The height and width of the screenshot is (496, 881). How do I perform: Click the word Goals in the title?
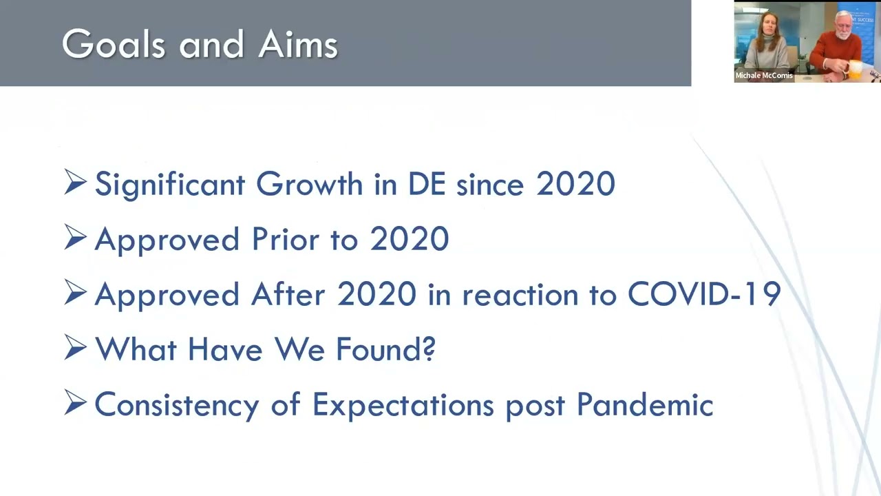click(114, 43)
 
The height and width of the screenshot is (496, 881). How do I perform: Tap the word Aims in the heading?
click(298, 43)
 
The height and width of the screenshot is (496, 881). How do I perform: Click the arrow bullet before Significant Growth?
click(75, 182)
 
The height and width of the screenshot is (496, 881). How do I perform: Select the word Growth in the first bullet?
click(309, 184)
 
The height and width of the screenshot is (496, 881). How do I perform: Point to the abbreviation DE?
click(427, 184)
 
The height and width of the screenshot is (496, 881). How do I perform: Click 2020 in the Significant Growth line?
click(576, 184)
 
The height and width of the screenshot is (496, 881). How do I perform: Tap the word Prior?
click(285, 239)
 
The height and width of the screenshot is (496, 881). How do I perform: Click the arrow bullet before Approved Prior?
click(75, 237)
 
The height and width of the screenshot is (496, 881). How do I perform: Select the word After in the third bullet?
click(288, 294)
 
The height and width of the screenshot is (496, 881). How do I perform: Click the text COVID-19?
click(704, 294)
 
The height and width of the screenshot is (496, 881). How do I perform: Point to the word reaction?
click(520, 296)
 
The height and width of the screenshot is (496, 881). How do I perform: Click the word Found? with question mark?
click(386, 349)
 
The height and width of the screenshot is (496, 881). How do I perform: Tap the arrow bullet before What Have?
click(75, 347)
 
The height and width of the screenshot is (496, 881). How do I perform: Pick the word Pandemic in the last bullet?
click(645, 404)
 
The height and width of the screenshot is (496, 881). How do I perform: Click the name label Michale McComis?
click(764, 75)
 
